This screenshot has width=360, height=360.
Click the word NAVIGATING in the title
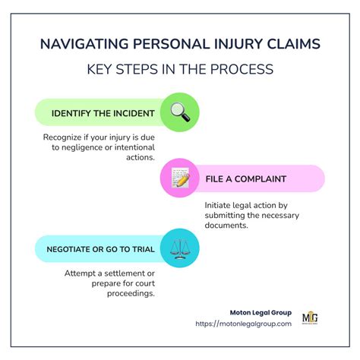(84, 43)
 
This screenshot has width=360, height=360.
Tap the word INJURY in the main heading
(236, 43)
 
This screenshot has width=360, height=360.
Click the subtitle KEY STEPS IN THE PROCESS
(180, 70)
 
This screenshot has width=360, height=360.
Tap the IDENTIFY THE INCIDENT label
(103, 114)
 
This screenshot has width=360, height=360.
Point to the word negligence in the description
(99, 147)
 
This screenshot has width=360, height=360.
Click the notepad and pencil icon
(180, 179)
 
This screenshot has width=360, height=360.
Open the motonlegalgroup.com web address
(243, 324)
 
